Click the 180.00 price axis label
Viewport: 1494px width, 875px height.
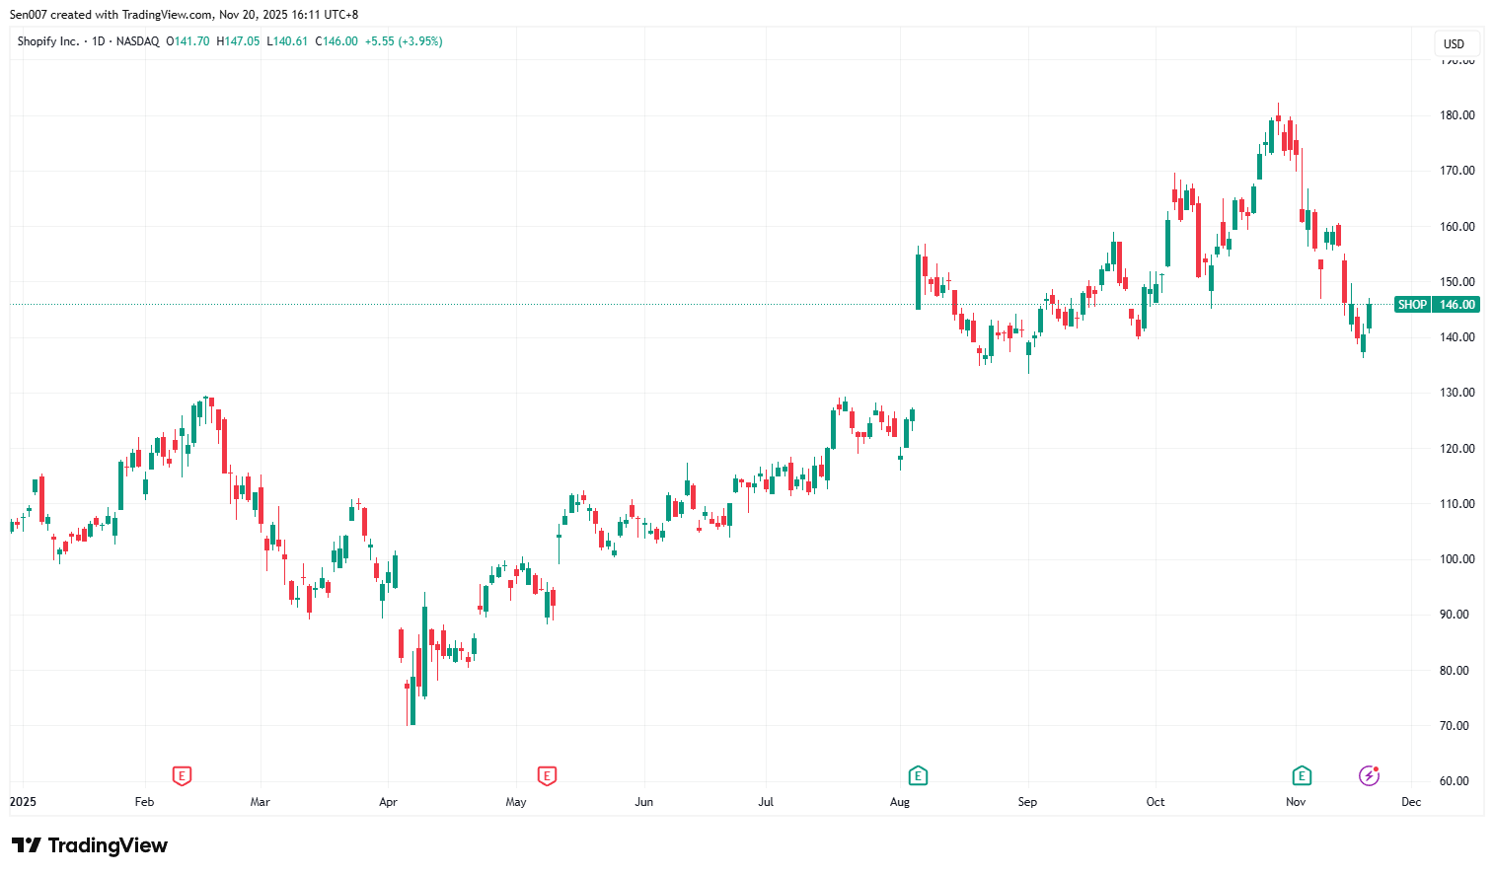click(1457, 115)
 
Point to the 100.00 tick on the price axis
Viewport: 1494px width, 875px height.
click(1457, 559)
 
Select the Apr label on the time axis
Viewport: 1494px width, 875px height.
click(388, 802)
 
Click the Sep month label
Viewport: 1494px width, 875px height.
click(1027, 802)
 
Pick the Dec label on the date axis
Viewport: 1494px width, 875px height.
click(1411, 802)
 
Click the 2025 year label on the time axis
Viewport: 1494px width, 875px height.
click(23, 802)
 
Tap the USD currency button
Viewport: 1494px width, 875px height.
click(1454, 43)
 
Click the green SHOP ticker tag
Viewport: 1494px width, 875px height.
click(1412, 305)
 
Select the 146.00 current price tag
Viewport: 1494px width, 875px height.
click(1457, 305)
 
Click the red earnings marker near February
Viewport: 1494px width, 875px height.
click(182, 776)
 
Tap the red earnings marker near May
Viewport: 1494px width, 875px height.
click(547, 776)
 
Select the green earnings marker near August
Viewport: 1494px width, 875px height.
click(918, 776)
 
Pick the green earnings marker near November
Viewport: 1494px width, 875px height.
click(1302, 776)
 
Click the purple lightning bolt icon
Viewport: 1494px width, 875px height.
click(1369, 776)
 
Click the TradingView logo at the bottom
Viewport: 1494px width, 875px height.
click(90, 845)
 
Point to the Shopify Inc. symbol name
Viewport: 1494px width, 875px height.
click(48, 41)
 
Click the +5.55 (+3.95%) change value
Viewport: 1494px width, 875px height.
click(404, 41)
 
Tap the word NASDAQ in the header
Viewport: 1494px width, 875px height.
click(137, 41)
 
